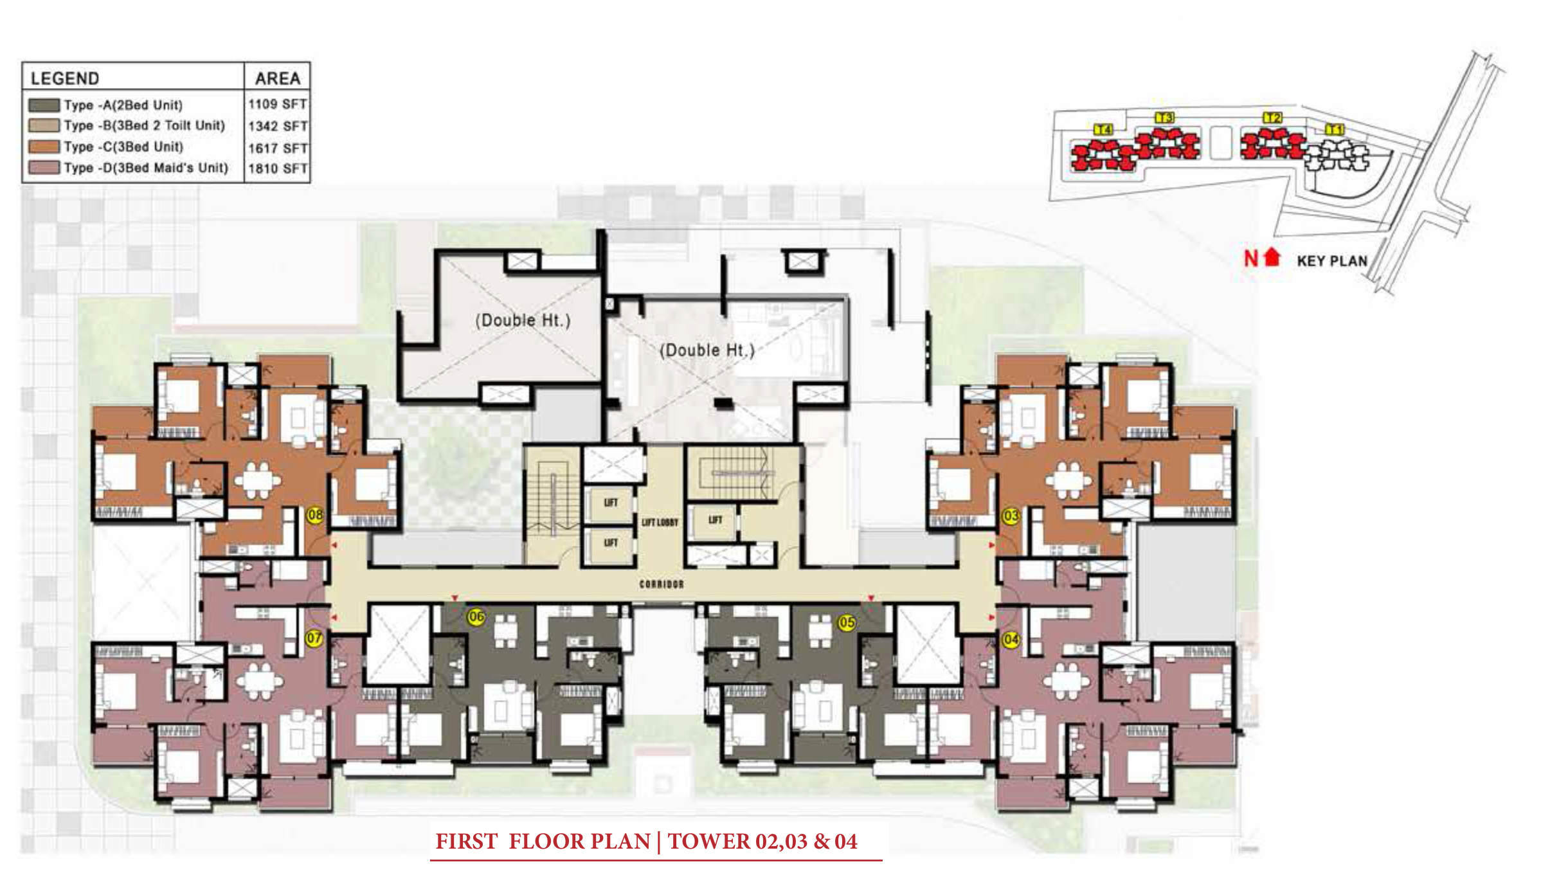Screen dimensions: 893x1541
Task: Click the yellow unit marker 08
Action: pyautogui.click(x=315, y=515)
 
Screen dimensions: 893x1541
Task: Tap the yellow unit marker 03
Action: pyautogui.click(x=1011, y=516)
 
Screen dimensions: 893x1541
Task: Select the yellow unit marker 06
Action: pyautogui.click(x=476, y=617)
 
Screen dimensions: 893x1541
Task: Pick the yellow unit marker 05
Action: pyautogui.click(x=847, y=622)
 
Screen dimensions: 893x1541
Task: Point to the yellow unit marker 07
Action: pyautogui.click(x=314, y=638)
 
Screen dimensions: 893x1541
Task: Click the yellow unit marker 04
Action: pyautogui.click(x=1011, y=639)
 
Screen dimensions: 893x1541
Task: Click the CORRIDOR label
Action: pyautogui.click(x=662, y=584)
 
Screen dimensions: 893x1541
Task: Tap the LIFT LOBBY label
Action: pyautogui.click(x=660, y=523)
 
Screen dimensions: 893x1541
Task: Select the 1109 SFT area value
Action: pyautogui.click(x=277, y=104)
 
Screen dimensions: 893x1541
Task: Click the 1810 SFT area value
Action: pyautogui.click(x=277, y=168)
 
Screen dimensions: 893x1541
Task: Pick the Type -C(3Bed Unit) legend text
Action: pyautogui.click(x=123, y=147)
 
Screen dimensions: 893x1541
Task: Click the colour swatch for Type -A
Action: pyautogui.click(x=44, y=105)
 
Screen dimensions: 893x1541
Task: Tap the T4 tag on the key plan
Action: pyautogui.click(x=1103, y=129)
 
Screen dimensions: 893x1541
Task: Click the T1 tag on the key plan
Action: pyautogui.click(x=1335, y=129)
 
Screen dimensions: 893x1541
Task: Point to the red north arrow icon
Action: pyautogui.click(x=1272, y=257)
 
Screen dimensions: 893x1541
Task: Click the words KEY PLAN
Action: pyautogui.click(x=1331, y=261)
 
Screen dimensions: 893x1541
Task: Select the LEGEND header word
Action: pyautogui.click(x=65, y=78)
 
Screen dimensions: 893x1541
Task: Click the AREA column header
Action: pyautogui.click(x=278, y=78)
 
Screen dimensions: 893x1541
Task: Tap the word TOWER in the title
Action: pyautogui.click(x=708, y=842)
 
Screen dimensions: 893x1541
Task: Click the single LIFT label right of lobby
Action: pyautogui.click(x=715, y=519)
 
